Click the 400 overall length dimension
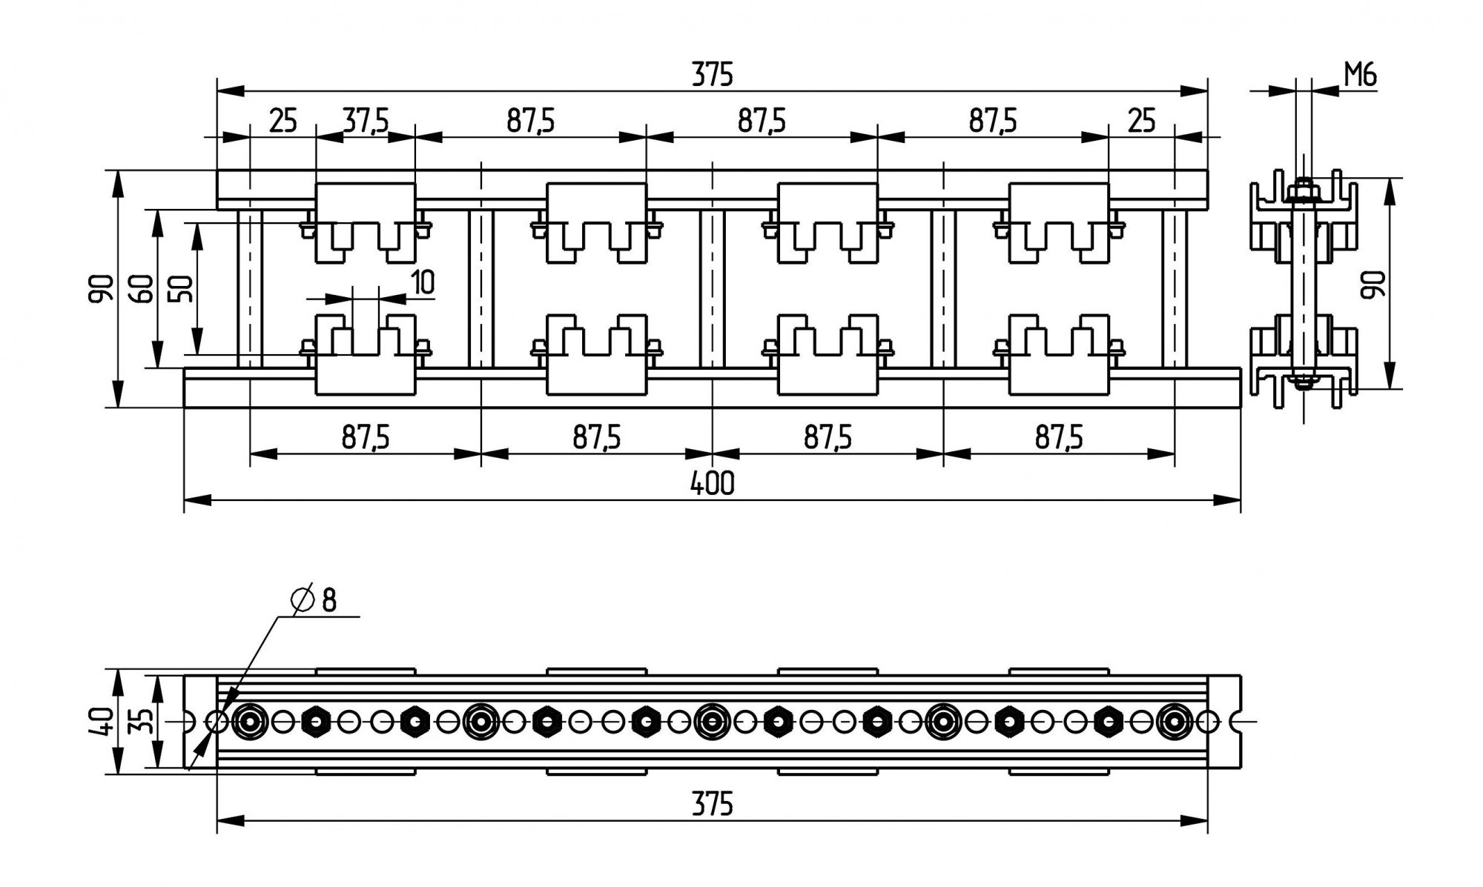712,483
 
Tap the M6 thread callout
1360,75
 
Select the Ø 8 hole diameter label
315,599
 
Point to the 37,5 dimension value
366,120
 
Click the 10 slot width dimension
422,282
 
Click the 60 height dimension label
143,288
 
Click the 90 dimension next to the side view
1374,284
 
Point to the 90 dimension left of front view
102,288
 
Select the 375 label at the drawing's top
712,75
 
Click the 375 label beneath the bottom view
712,804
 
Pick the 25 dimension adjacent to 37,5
283,120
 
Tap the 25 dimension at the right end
1141,120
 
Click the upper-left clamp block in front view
366,222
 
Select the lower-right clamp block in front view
1058,354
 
